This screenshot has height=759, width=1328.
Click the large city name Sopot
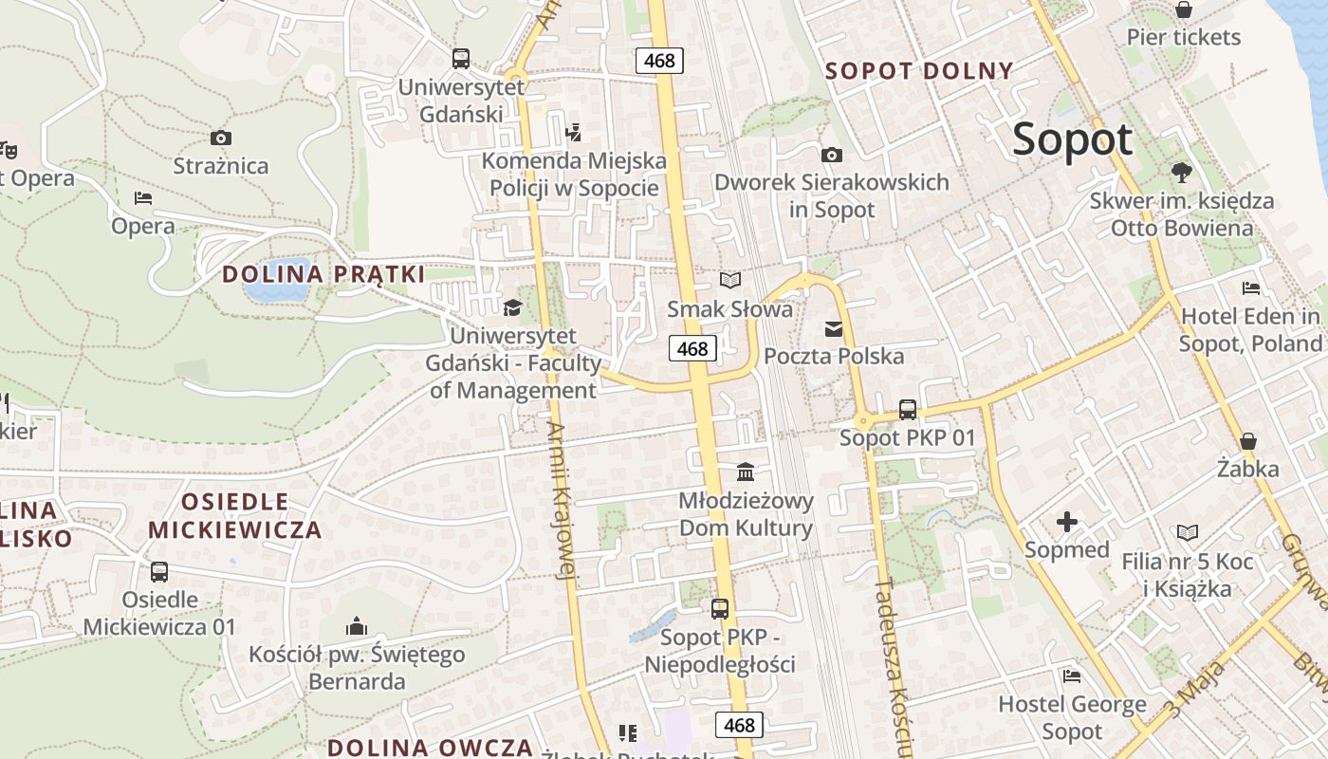pyautogui.click(x=1072, y=139)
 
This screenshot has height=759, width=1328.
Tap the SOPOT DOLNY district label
pyautogui.click(x=919, y=70)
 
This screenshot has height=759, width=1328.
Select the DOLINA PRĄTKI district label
pyautogui.click(x=323, y=274)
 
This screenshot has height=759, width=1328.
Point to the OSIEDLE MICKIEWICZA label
pyautogui.click(x=235, y=515)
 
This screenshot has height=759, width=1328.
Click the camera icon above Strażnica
pyautogui.click(x=221, y=139)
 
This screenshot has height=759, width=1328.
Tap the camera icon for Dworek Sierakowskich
pyautogui.click(x=832, y=155)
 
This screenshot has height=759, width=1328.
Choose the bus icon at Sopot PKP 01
pyautogui.click(x=908, y=410)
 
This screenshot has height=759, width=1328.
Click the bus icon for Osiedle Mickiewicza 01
pyautogui.click(x=159, y=572)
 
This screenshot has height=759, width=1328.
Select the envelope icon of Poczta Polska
pyautogui.click(x=834, y=329)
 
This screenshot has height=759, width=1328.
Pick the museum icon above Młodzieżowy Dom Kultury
pyautogui.click(x=746, y=472)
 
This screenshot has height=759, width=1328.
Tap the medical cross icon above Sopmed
pyautogui.click(x=1067, y=522)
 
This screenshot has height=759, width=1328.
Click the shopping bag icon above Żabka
pyautogui.click(x=1248, y=441)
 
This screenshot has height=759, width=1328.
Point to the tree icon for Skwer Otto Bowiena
pyautogui.click(x=1181, y=173)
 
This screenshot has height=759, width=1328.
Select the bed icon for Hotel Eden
pyautogui.click(x=1251, y=288)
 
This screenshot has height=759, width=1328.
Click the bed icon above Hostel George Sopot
pyautogui.click(x=1072, y=676)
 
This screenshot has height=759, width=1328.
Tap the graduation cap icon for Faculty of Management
pyautogui.click(x=512, y=307)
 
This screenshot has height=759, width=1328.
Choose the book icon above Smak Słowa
pyautogui.click(x=729, y=281)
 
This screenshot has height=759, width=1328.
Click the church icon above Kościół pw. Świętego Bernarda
pyautogui.click(x=357, y=626)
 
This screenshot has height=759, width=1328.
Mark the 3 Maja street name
pyautogui.click(x=1194, y=691)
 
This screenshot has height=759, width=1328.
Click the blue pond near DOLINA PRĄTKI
pyautogui.click(x=276, y=281)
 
